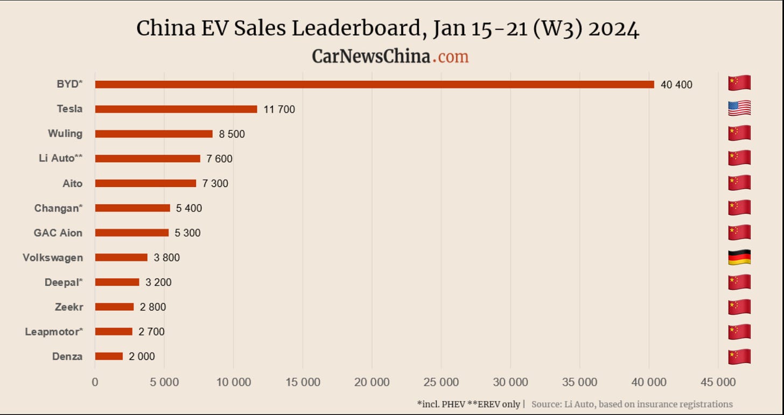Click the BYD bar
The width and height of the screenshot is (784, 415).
(374, 85)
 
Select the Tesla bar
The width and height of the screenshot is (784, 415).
(176, 109)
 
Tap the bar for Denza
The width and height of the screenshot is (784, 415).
(109, 356)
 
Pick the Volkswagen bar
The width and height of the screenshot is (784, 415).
(121, 258)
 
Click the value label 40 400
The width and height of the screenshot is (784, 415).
(676, 85)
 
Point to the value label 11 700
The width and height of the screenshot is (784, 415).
(279, 109)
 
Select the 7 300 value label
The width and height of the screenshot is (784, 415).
(215, 184)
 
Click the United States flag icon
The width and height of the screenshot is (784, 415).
(739, 108)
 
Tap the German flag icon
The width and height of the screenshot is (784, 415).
(739, 257)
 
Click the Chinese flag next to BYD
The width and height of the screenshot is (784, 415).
(739, 84)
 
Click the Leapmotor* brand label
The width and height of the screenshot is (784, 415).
(54, 332)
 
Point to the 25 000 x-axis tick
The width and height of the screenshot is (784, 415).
(441, 383)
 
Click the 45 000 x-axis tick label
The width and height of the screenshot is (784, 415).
(718, 383)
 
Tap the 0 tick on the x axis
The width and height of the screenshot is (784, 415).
(95, 383)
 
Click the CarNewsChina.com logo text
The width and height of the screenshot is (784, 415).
(390, 56)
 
